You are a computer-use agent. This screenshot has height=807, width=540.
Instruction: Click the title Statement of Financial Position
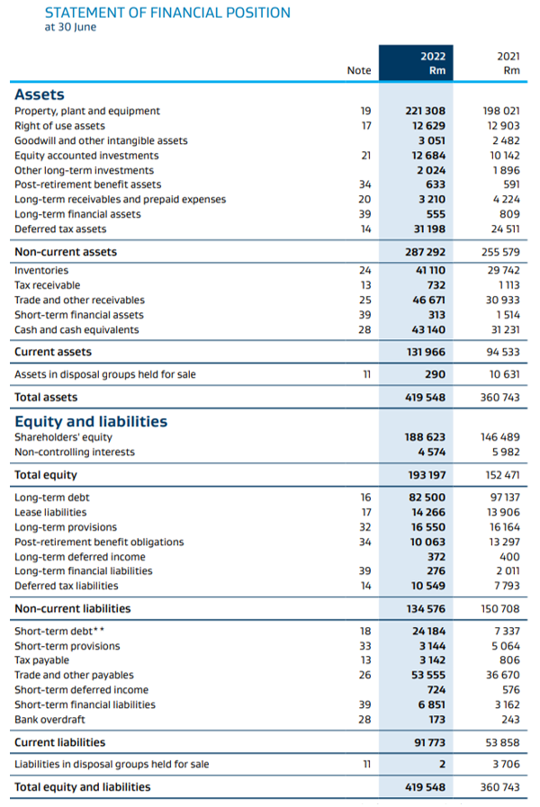(x=167, y=13)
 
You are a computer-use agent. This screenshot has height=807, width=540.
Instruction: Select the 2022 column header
(x=433, y=56)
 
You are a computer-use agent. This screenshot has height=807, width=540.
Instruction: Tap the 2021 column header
(x=508, y=56)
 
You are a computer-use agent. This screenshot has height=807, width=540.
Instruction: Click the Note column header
(x=359, y=70)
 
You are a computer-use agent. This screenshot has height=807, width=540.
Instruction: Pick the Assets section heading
(x=40, y=94)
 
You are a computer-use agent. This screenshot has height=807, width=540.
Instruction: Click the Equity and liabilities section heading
(x=91, y=422)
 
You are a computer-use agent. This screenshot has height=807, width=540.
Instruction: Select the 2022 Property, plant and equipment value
(x=425, y=112)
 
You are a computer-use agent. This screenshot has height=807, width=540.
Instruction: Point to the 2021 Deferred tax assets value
(x=505, y=229)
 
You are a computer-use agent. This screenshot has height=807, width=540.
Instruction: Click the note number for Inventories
(x=365, y=270)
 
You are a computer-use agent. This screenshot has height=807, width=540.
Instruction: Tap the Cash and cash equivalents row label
(x=76, y=330)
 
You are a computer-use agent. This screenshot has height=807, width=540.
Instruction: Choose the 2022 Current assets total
(x=426, y=352)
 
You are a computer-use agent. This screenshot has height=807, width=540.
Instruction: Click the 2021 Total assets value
(x=499, y=398)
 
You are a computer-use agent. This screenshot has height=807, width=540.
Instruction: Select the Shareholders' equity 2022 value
(x=425, y=437)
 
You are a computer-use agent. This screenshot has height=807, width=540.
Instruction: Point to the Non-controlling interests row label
(x=75, y=452)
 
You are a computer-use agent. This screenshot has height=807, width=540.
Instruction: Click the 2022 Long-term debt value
(x=427, y=498)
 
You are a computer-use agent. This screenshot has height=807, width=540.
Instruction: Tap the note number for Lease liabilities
(x=366, y=512)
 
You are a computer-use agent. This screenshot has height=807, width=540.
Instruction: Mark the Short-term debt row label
(x=59, y=631)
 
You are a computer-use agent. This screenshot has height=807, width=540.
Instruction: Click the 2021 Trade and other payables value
(x=503, y=675)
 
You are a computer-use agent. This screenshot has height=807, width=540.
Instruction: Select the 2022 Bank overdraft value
(x=437, y=720)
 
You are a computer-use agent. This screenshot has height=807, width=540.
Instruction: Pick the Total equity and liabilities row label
(x=83, y=787)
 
